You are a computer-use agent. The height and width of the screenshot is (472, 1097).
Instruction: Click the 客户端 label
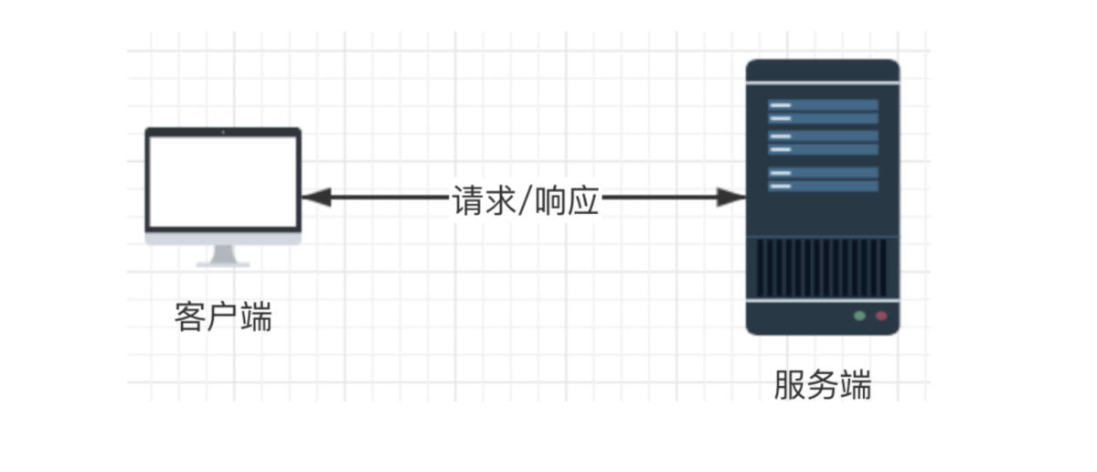[x=223, y=317]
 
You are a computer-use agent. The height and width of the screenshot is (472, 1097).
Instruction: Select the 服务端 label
[x=822, y=384]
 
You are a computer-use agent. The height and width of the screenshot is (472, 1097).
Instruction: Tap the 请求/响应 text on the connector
[x=526, y=198]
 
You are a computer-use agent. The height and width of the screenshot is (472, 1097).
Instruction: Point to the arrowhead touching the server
[x=731, y=197]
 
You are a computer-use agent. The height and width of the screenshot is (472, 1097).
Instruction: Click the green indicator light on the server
[x=859, y=316]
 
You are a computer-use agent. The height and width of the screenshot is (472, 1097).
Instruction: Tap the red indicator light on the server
[x=881, y=316]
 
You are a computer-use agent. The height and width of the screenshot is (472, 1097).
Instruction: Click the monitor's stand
[x=223, y=256]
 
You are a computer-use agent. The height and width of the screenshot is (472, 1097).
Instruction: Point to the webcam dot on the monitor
[x=223, y=133]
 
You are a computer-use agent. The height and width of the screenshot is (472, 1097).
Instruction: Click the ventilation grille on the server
[x=822, y=267]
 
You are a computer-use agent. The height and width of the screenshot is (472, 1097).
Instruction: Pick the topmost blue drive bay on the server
[x=822, y=105]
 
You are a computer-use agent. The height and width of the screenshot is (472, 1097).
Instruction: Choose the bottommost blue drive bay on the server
[x=822, y=186]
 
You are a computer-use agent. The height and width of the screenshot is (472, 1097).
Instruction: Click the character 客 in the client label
[x=190, y=317]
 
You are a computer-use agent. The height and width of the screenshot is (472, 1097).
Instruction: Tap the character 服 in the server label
[x=789, y=384]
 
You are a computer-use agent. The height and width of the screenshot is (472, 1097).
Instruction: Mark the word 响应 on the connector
[x=567, y=198]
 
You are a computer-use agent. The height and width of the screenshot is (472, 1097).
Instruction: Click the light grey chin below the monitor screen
[x=223, y=238]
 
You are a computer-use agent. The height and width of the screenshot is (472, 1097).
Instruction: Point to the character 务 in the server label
[x=822, y=384]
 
